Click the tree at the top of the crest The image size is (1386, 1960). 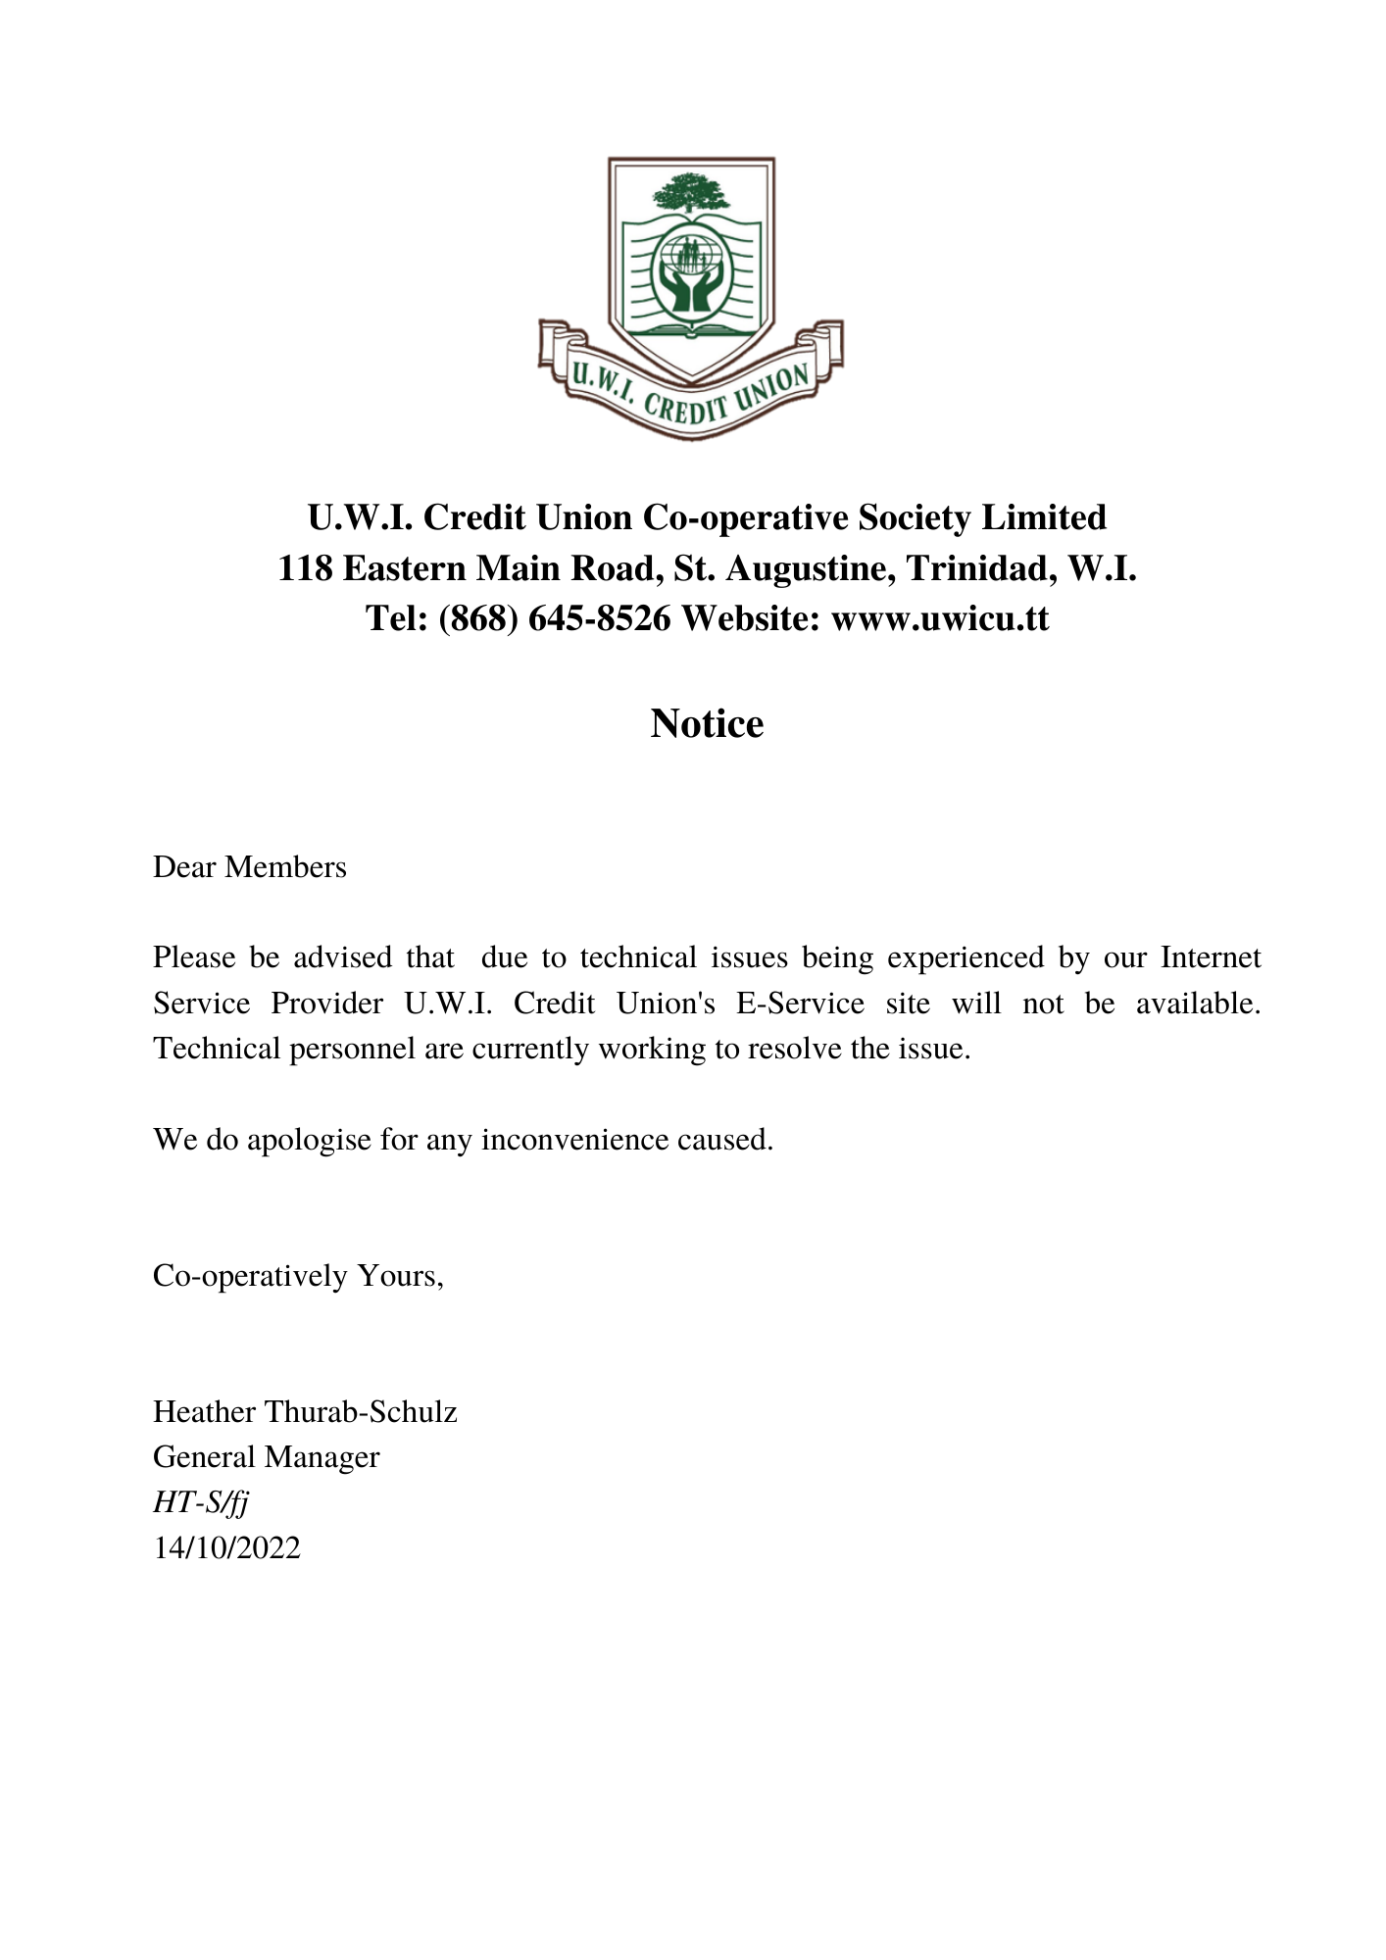point(692,192)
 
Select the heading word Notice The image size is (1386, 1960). point(707,723)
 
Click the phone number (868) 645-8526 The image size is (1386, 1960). point(554,618)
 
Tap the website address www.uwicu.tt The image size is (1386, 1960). point(940,618)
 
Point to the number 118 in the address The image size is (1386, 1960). point(305,568)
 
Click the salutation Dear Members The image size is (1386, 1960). point(250,867)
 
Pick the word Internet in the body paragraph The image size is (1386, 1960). point(1211,957)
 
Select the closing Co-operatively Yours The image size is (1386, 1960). point(298,1276)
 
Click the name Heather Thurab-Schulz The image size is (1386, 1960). point(305,1412)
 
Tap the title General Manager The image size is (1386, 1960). point(266,1457)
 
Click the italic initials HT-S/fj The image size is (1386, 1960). point(200,1502)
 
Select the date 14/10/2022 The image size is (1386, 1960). point(226,1547)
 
